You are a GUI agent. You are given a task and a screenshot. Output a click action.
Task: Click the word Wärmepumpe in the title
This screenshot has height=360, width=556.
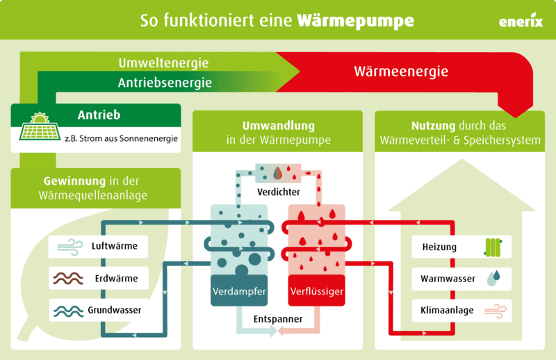point(355,20)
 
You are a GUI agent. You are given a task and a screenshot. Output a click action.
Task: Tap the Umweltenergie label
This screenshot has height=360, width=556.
point(163,63)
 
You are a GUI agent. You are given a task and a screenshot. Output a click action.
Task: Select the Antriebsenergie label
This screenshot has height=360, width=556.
point(165,83)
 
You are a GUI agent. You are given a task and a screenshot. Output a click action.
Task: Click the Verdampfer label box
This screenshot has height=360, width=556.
point(238,292)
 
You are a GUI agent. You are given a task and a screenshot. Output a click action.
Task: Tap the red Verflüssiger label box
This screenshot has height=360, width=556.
point(316,292)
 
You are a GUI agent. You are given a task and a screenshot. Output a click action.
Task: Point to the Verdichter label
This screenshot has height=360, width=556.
point(277,191)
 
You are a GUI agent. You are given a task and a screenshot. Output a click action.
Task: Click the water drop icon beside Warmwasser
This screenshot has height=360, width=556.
point(493,279)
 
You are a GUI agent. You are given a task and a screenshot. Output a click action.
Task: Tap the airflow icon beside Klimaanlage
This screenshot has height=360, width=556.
point(494,310)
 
